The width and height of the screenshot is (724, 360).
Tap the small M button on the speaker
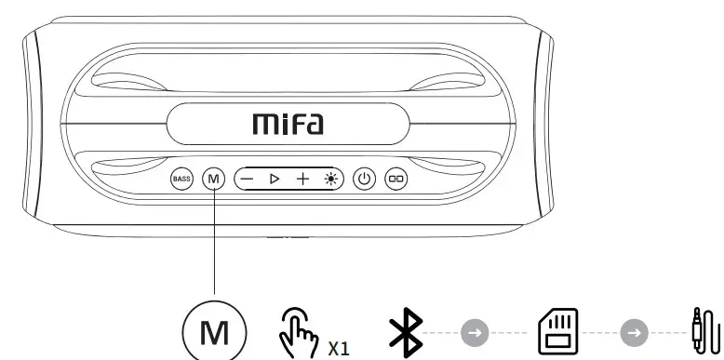pyautogui.click(x=214, y=177)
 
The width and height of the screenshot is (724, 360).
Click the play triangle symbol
pyautogui.click(x=275, y=177)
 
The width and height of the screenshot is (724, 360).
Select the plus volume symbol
pyautogui.click(x=302, y=177)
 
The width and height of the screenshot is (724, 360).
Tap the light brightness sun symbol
pyautogui.click(x=329, y=177)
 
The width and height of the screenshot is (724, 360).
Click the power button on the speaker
pyautogui.click(x=365, y=177)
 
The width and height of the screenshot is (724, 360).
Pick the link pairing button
pyautogui.click(x=397, y=177)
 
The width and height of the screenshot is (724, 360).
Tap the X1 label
pyautogui.click(x=339, y=348)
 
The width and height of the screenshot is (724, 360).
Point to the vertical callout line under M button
pyautogui.click(x=214, y=242)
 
